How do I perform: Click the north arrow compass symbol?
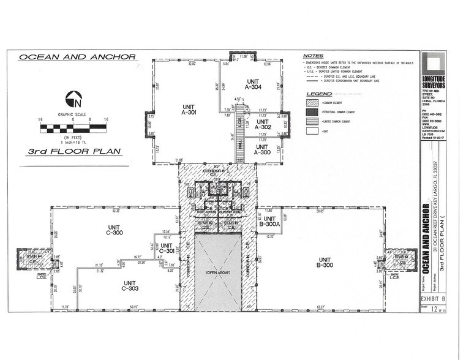74,97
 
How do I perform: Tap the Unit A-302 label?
262,124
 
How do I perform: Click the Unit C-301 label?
166,247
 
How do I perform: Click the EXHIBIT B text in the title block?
434,299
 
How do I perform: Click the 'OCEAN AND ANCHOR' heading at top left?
77,57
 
